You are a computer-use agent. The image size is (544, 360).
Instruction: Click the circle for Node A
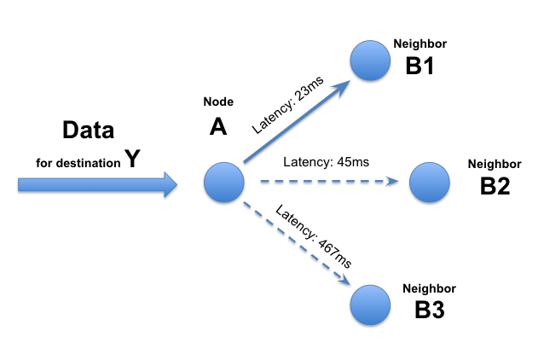pos(224,182)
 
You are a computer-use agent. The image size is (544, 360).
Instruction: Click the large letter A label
pos(218,127)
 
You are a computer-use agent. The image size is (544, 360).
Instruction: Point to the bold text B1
pos(420,64)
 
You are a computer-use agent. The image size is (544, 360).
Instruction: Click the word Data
pos(89,131)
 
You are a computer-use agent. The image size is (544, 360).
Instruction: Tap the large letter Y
pos(132,158)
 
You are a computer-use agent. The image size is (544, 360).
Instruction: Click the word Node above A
pos(217,102)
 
